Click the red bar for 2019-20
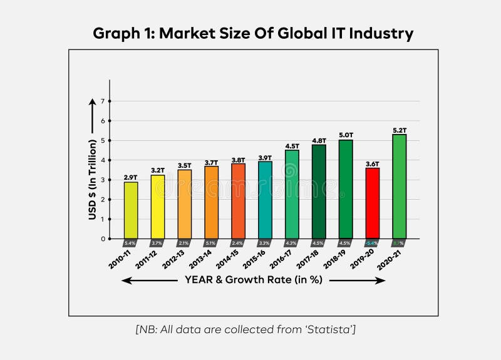[372, 203]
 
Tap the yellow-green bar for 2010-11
[130, 210]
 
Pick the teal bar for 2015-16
[265, 200]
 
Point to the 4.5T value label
[292, 147]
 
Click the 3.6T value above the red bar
[372, 164]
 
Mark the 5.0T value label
[346, 135]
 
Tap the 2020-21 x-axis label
[389, 258]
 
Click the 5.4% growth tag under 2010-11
[130, 243]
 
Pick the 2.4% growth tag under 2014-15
[238, 243]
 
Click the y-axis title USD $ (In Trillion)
[93, 178]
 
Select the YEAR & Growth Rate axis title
[254, 280]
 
